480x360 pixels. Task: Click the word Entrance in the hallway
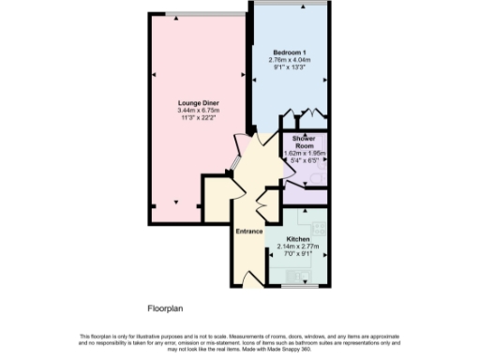pyautogui.click(x=248, y=232)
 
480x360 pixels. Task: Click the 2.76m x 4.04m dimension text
pyautogui.click(x=290, y=59)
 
